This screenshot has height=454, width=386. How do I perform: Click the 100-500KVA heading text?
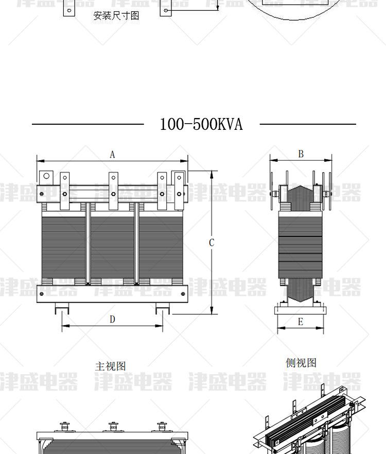[201, 124]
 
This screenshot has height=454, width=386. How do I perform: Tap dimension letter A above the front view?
[113, 155]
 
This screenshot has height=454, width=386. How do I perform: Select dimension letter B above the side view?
[301, 154]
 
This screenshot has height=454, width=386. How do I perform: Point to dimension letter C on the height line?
[212, 243]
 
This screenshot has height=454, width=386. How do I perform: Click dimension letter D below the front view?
[113, 319]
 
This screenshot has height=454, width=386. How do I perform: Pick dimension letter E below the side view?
[301, 322]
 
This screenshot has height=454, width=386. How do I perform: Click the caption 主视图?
[111, 366]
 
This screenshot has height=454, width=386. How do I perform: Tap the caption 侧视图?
[301, 362]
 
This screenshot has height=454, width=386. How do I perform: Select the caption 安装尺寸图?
[116, 15]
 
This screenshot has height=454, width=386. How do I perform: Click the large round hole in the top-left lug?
[46, 176]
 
